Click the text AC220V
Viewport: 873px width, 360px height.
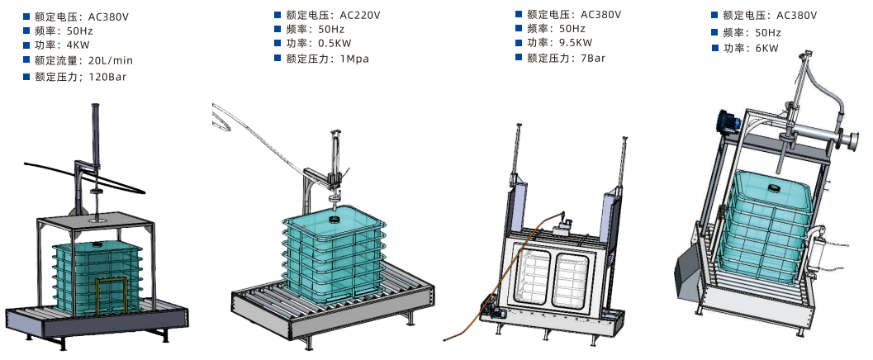tap(359, 15)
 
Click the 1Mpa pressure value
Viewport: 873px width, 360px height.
tap(354, 59)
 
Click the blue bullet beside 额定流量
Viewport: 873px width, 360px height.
tap(26, 59)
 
